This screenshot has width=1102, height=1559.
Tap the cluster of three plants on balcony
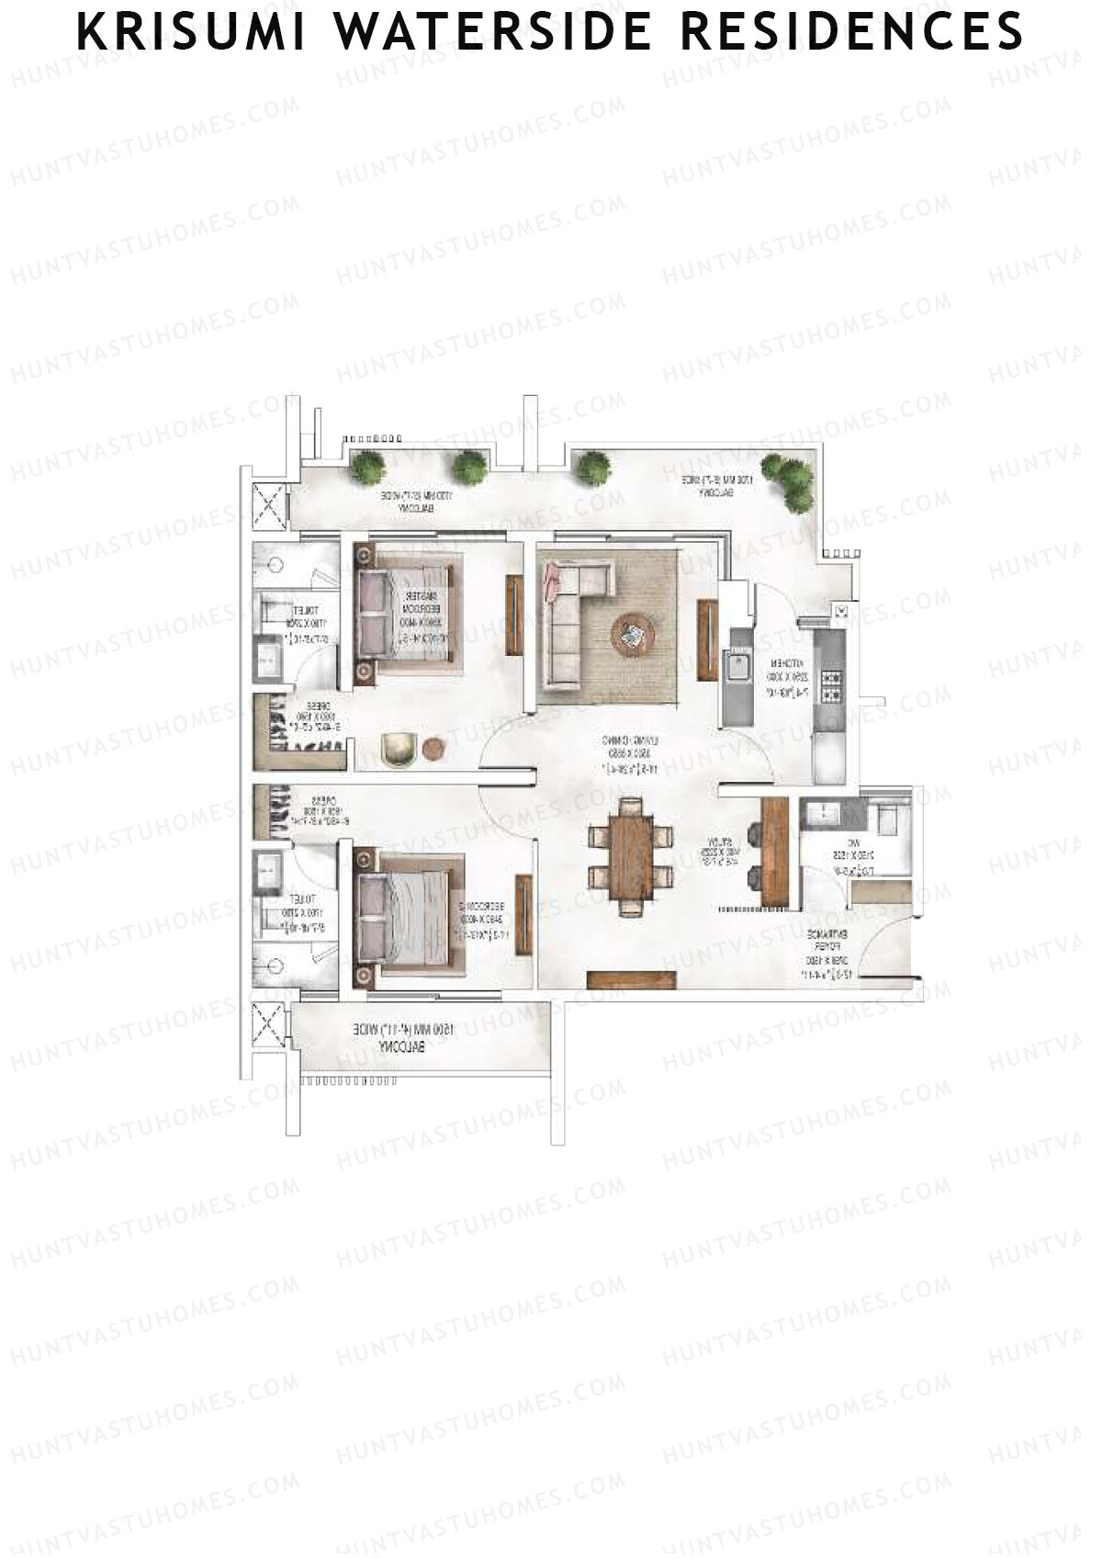tap(790, 480)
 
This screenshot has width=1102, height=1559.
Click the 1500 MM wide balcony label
tap(404, 1039)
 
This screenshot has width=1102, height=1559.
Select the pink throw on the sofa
tap(553, 581)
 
